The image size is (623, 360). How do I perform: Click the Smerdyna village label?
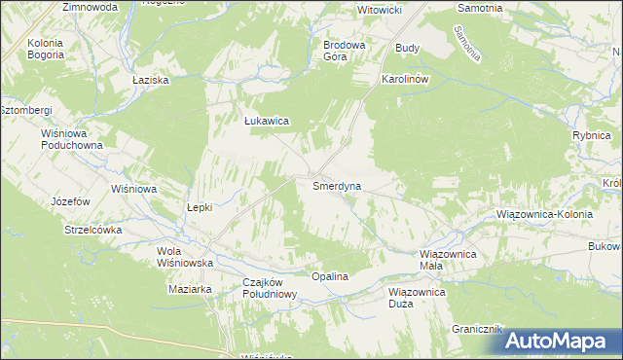pyautogui.click(x=336, y=185)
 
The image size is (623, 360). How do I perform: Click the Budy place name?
pyautogui.click(x=406, y=47)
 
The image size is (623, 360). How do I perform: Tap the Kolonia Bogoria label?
pyautogui.click(x=46, y=50)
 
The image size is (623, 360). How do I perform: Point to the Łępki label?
pyautogui.click(x=200, y=207)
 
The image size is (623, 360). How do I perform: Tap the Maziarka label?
pyautogui.click(x=190, y=289)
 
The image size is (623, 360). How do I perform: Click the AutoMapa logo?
pyautogui.click(x=563, y=341)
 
